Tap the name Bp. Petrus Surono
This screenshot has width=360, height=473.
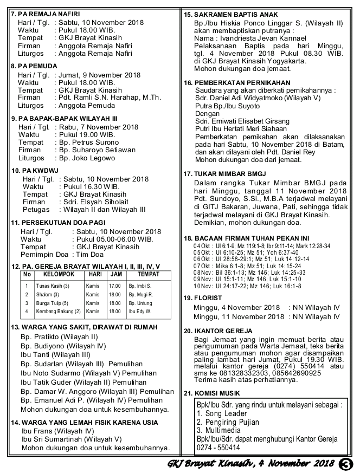tap(89, 142)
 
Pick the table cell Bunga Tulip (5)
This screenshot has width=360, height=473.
tap(52, 303)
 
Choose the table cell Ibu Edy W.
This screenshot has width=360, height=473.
tap(140, 312)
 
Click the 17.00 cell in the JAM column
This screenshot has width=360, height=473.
tap(114, 286)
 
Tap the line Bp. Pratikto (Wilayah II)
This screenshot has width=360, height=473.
tap(59, 336)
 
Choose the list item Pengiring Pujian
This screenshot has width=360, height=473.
tap(228, 422)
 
